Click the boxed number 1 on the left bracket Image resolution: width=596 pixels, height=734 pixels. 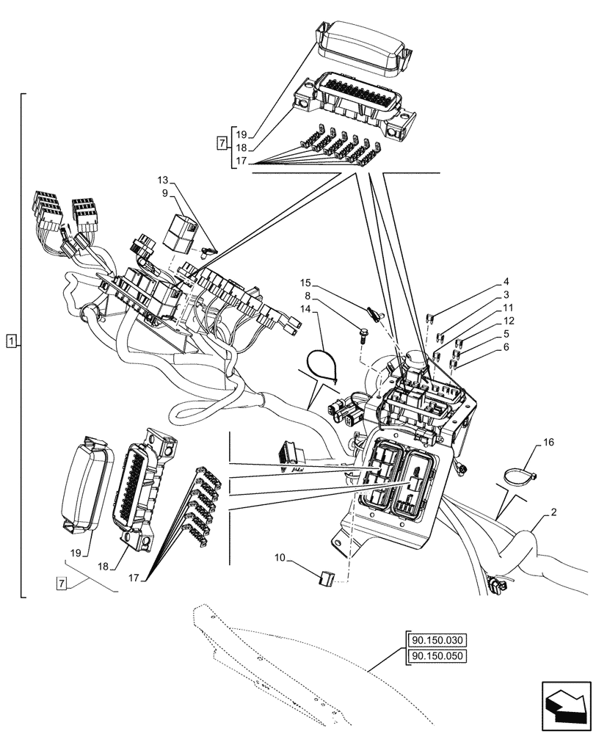(x=11, y=341)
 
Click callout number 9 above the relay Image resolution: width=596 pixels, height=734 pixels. (x=164, y=193)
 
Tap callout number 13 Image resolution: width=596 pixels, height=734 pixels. (x=163, y=180)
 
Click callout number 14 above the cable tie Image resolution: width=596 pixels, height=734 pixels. (x=303, y=310)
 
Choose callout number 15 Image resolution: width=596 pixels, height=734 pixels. (x=305, y=283)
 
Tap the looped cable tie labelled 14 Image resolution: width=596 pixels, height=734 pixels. (x=321, y=365)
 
